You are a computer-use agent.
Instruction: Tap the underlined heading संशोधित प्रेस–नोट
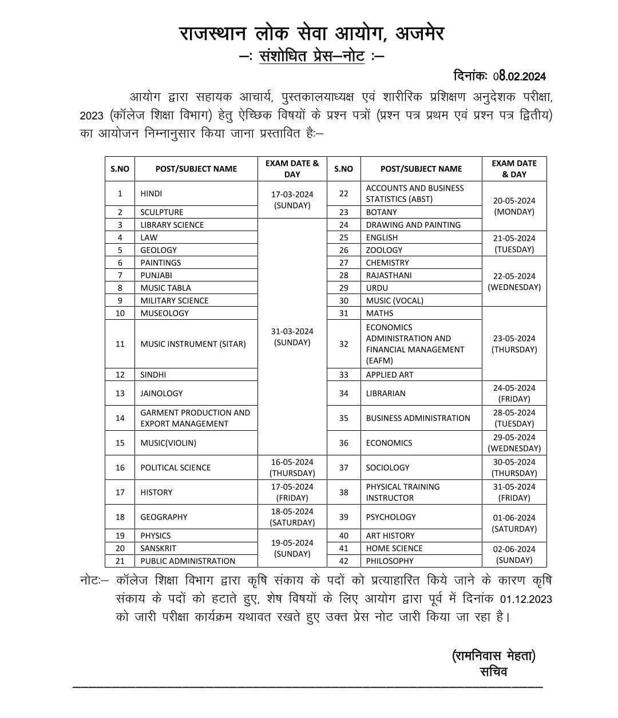pyautogui.click(x=312, y=57)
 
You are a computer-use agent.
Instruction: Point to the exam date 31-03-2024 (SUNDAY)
pyautogui.click(x=292, y=337)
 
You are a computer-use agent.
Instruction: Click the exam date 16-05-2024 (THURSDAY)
pyautogui.click(x=292, y=467)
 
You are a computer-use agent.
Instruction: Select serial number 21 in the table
pyautogui.click(x=120, y=561)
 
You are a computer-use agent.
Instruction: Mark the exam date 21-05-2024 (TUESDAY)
pyautogui.click(x=514, y=243)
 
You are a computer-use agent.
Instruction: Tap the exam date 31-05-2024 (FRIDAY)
pyautogui.click(x=514, y=492)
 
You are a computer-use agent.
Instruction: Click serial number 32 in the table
pyautogui.click(x=343, y=344)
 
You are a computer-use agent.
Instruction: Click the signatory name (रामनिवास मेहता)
pyautogui.click(x=493, y=656)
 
